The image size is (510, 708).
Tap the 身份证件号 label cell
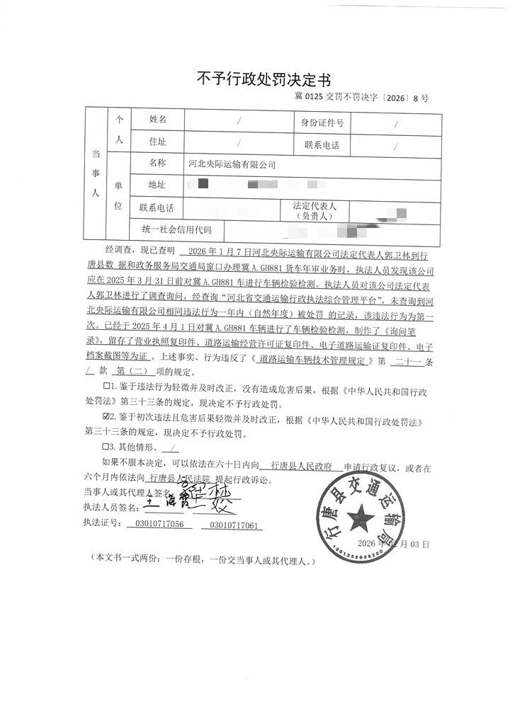322,122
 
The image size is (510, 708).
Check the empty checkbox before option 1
107,385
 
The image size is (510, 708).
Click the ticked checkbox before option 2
107,416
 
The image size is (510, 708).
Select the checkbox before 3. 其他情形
107,447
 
